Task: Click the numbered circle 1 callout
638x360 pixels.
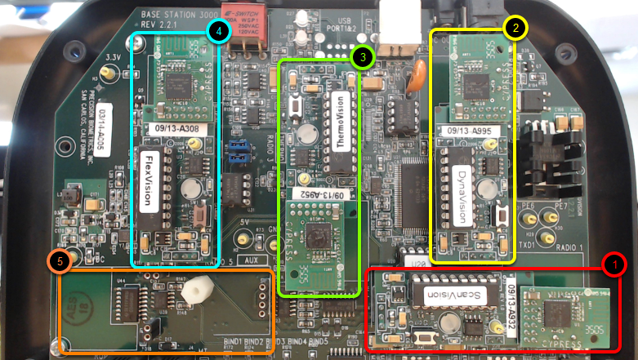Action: coord(613,264)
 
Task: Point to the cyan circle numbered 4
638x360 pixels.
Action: coord(217,32)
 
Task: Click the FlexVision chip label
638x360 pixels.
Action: coord(150,180)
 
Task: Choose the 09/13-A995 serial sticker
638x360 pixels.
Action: coord(471,129)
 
